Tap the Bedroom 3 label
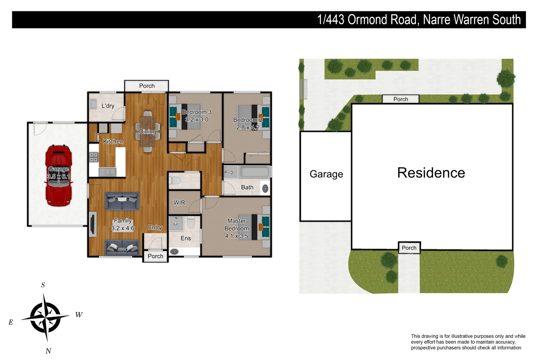click(197, 112)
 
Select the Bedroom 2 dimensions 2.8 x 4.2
click(247, 127)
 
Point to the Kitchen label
click(113, 142)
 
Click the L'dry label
click(108, 106)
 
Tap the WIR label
click(179, 203)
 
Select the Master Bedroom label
click(236, 225)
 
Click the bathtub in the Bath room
click(254, 172)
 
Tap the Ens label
click(186, 238)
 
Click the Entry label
click(155, 227)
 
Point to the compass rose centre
click(45, 317)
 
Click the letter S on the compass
click(43, 285)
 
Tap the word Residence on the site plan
click(431, 173)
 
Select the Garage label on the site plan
click(326, 174)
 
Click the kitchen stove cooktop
click(94, 157)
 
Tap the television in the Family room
click(93, 224)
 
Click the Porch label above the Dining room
click(147, 86)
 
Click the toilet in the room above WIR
click(175, 181)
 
